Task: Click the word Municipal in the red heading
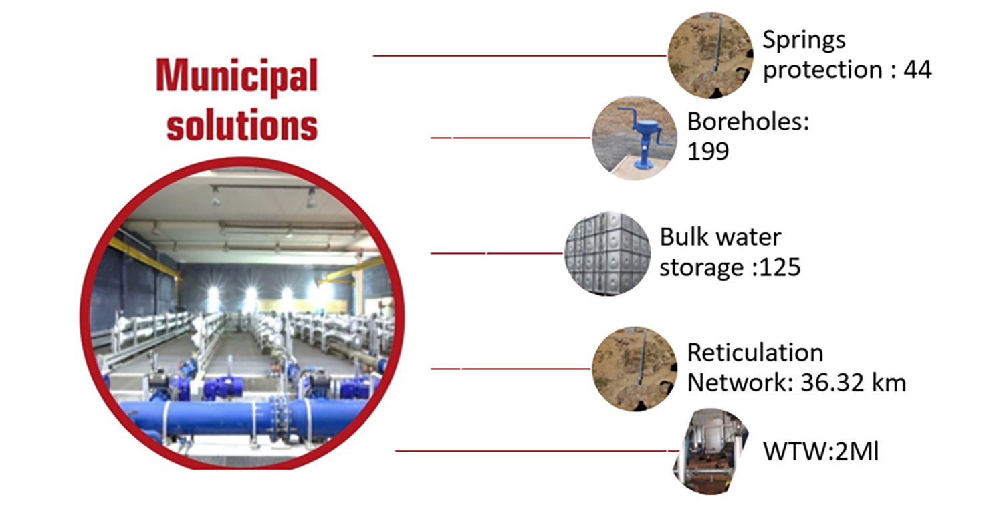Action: click(x=237, y=76)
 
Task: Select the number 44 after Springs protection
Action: click(x=917, y=70)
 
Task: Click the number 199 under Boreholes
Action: click(x=708, y=151)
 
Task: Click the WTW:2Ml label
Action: click(x=820, y=451)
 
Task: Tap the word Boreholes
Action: click(x=748, y=122)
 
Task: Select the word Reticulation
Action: click(x=755, y=353)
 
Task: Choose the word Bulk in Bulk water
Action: click(x=685, y=236)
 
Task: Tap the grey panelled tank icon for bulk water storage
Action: click(x=607, y=253)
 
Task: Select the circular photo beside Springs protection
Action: click(x=710, y=55)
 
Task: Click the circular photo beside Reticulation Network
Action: click(x=635, y=369)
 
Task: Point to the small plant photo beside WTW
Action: click(x=711, y=451)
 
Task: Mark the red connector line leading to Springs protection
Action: click(x=520, y=56)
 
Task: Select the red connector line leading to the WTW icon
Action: click(x=538, y=451)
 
